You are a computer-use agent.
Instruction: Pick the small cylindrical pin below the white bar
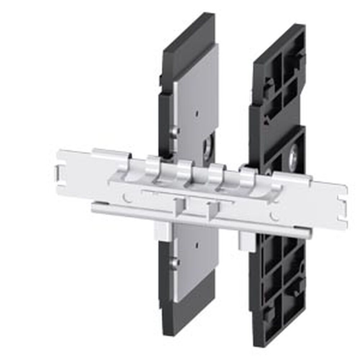[174, 262]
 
